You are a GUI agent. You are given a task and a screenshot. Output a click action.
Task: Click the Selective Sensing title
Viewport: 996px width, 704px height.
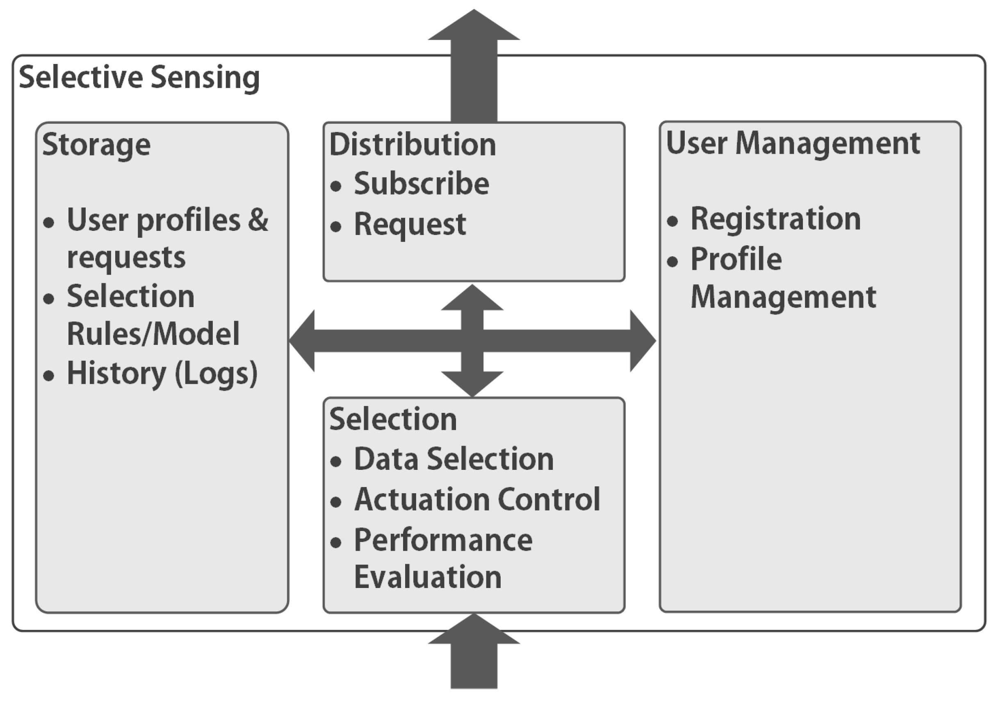click(139, 77)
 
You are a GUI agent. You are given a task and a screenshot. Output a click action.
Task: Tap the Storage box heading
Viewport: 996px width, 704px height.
click(96, 144)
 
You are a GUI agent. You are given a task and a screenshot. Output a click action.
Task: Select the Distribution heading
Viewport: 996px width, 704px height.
click(413, 144)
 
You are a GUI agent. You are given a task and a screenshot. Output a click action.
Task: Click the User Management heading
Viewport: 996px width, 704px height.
click(793, 143)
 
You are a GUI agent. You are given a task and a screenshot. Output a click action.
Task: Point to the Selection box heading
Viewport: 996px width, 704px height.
click(393, 419)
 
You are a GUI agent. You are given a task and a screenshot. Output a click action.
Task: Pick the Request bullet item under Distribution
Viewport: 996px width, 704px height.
click(410, 224)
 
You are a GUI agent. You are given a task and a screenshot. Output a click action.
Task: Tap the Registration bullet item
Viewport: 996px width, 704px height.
click(776, 219)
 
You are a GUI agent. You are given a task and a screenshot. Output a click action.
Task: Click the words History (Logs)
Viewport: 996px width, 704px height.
click(162, 374)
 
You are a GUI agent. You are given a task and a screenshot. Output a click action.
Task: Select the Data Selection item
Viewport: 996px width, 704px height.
click(454, 459)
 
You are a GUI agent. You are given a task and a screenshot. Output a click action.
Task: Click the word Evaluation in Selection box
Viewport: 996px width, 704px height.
click(428, 577)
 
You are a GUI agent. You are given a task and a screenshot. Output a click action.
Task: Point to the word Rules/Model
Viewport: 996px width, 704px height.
click(153, 334)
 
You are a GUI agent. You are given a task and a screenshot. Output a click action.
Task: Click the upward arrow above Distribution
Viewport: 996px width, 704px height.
click(474, 65)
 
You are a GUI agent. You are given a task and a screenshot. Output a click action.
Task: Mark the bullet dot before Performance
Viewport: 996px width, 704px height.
click(335, 542)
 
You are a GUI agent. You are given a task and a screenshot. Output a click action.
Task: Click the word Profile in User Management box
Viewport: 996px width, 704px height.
click(736, 260)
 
